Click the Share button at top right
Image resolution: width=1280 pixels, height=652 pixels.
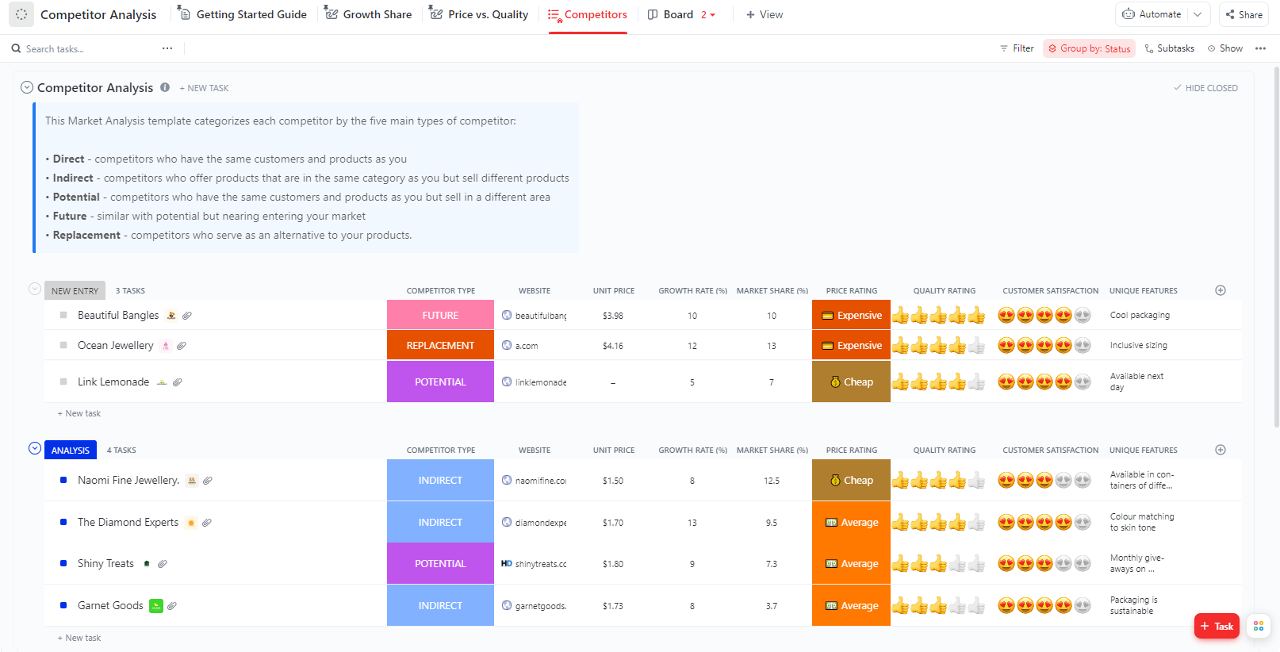pos(1244,14)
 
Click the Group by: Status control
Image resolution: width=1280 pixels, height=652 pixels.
pos(1089,48)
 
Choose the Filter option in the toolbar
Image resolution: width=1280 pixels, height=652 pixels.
pos(1017,48)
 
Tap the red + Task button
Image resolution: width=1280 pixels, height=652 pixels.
pos(1217,626)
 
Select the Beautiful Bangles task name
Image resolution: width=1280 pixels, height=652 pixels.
pos(118,315)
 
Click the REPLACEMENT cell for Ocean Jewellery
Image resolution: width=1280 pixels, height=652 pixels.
pos(440,345)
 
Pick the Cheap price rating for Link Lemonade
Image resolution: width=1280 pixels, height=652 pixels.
pos(851,382)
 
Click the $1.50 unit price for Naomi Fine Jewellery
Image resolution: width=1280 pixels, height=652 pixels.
pos(613,481)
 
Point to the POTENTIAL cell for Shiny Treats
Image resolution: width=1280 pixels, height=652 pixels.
pos(440,564)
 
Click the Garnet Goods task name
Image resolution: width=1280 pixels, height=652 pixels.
pos(110,605)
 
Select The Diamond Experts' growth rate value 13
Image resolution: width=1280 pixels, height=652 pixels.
pos(692,523)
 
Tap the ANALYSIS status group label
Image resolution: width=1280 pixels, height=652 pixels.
pos(71,450)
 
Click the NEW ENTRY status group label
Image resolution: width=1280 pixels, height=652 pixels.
pos(75,291)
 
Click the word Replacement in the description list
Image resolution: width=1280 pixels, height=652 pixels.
pos(86,235)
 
